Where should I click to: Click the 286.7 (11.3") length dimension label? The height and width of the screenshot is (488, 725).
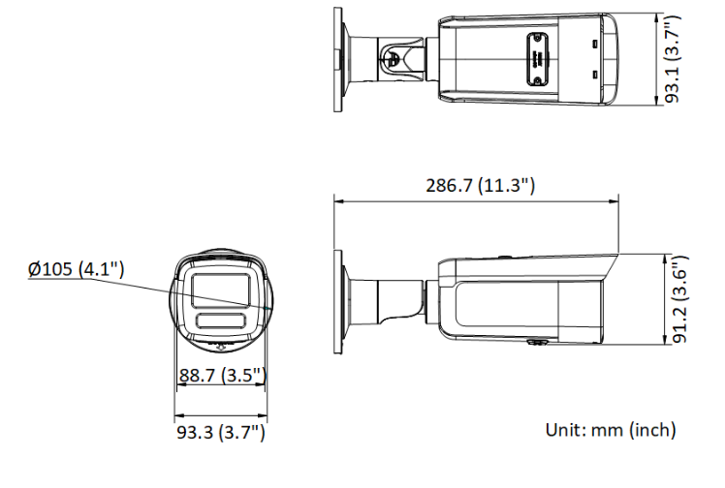480,186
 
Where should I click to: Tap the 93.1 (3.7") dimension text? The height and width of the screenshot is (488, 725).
673,59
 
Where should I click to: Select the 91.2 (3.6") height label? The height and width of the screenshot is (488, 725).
679,299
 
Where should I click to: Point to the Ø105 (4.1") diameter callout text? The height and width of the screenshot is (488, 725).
76,269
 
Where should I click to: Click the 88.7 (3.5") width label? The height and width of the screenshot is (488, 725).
223,375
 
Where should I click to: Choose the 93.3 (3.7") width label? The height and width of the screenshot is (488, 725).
221,432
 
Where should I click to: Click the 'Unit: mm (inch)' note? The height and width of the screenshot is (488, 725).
611,430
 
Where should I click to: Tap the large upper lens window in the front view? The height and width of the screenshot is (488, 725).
221,290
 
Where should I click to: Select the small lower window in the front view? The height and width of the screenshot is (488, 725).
221,320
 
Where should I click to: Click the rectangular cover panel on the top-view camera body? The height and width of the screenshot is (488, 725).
537,59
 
